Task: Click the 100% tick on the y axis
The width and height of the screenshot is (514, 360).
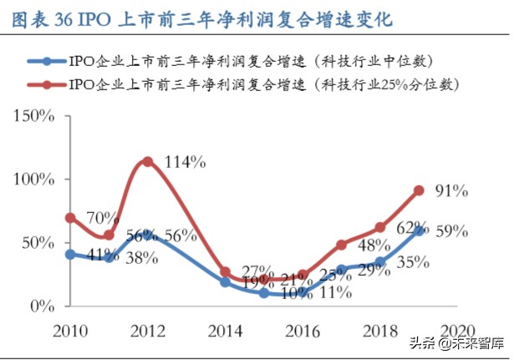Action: (x=34, y=179)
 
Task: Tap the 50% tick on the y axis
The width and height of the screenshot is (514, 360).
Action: (x=38, y=242)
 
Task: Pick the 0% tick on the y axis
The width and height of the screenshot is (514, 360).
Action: (x=42, y=306)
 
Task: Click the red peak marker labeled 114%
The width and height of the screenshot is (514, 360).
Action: (x=148, y=161)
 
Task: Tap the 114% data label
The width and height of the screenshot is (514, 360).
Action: (x=185, y=162)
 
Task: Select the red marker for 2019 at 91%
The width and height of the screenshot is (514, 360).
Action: (x=419, y=190)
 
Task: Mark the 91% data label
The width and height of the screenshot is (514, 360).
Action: (x=450, y=191)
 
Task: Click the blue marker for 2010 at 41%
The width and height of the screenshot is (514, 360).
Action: (x=70, y=254)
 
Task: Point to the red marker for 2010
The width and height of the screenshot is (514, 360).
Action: (x=70, y=217)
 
